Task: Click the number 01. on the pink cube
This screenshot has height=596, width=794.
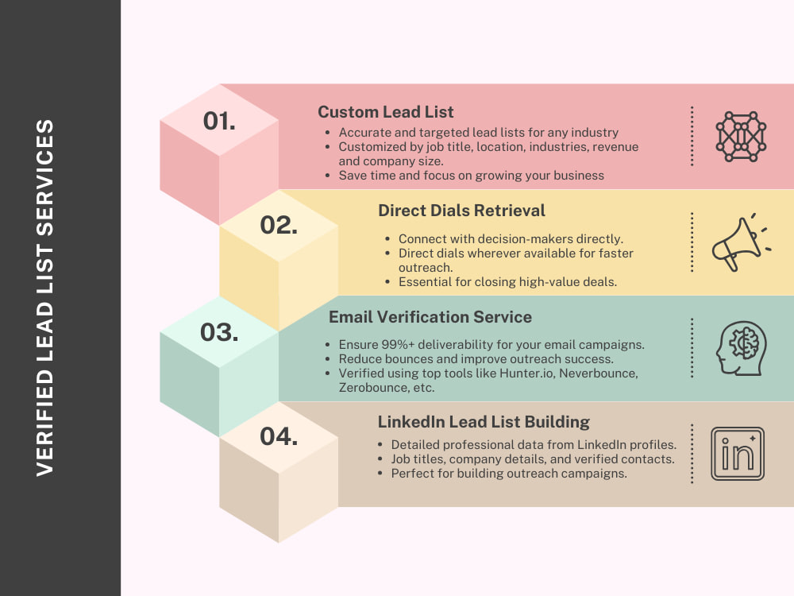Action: (219, 121)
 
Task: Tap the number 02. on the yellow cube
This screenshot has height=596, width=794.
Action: (279, 225)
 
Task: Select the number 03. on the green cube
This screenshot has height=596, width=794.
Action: (219, 332)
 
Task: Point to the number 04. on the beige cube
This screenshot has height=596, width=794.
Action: (279, 436)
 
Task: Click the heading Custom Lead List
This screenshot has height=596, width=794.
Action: (385, 112)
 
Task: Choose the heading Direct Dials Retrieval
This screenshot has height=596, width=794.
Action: (461, 211)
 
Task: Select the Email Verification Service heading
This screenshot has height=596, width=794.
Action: (430, 317)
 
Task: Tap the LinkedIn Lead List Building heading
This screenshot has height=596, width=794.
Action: (484, 422)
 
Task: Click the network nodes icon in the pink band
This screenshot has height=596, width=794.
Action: (741, 137)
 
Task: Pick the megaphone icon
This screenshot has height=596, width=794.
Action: (741, 242)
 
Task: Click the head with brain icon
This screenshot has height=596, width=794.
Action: (741, 348)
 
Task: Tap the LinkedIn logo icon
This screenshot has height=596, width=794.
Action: (738, 454)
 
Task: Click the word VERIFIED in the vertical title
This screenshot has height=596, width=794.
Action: (44, 424)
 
